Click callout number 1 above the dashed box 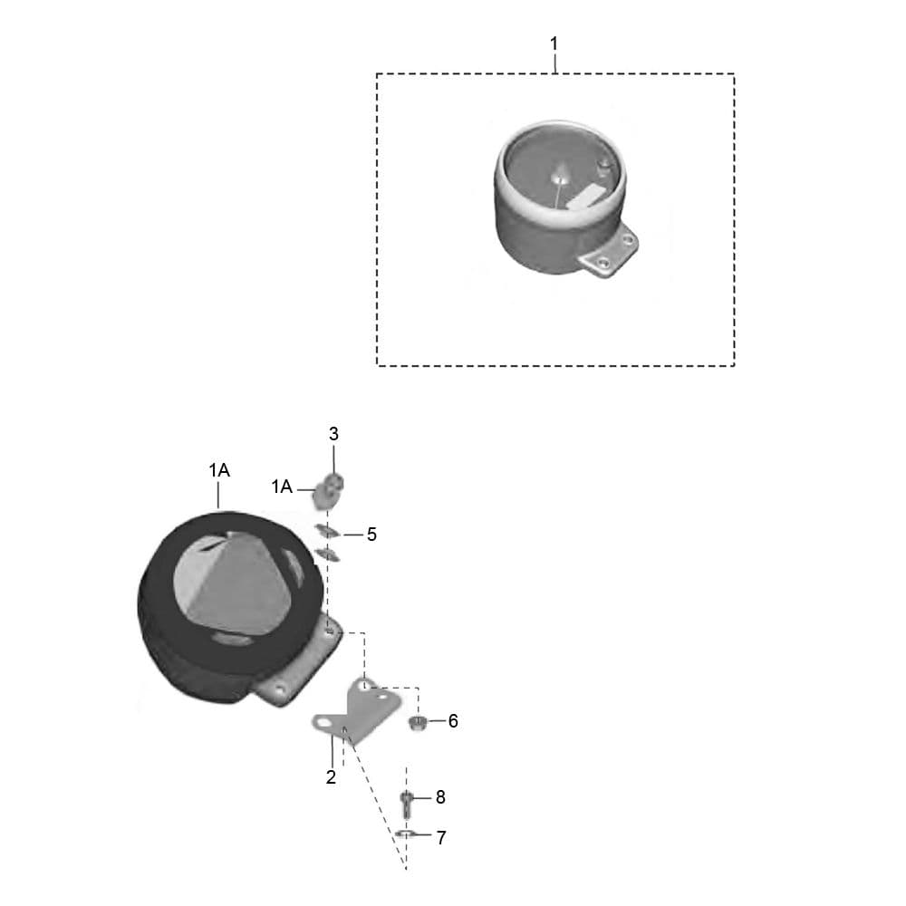point(554,43)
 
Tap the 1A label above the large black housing point(219,471)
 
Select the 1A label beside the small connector point(282,487)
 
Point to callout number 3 point(333,434)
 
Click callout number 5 point(371,535)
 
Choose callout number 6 point(453,721)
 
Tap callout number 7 point(441,838)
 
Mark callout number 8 point(440,797)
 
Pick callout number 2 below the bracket point(331,777)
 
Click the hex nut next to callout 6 point(417,722)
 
